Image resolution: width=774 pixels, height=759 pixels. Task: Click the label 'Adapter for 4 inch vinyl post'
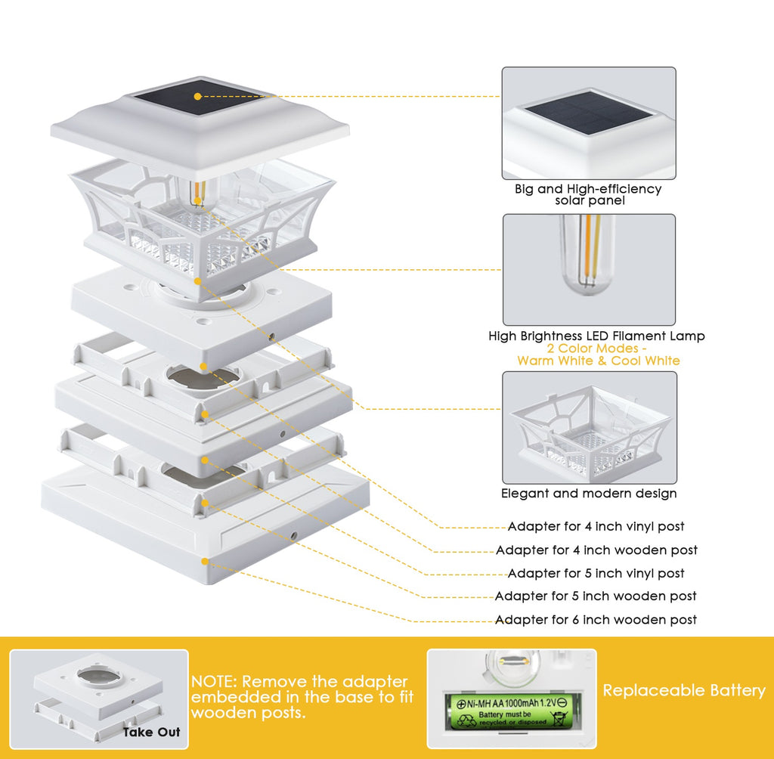pyautogui.click(x=596, y=527)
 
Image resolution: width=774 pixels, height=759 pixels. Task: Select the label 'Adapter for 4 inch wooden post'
pyautogui.click(x=596, y=550)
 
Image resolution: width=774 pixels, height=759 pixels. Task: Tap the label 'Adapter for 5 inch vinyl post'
pyautogui.click(x=596, y=574)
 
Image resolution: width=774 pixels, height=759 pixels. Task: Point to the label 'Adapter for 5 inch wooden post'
pyautogui.click(x=596, y=596)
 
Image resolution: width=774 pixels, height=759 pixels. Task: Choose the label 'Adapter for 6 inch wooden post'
pyautogui.click(x=596, y=620)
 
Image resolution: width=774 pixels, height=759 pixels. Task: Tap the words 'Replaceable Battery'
pyautogui.click(x=683, y=690)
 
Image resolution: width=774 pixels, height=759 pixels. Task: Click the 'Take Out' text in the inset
pyautogui.click(x=152, y=732)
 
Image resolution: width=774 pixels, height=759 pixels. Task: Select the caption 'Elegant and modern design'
pyautogui.click(x=589, y=494)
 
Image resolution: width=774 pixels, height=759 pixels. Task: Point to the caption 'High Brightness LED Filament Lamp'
pyautogui.click(x=596, y=336)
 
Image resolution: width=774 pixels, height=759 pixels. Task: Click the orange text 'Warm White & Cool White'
pyautogui.click(x=598, y=361)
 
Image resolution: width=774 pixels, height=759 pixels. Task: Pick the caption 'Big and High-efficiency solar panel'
pyautogui.click(x=588, y=194)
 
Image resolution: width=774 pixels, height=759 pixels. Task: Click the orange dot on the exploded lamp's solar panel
pyautogui.click(x=197, y=97)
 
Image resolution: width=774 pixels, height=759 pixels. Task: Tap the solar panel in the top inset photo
pyautogui.click(x=589, y=113)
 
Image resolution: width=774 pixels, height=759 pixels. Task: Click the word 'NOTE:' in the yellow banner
pyautogui.click(x=214, y=682)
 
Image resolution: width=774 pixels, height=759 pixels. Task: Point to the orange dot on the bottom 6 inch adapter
pyautogui.click(x=204, y=560)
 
